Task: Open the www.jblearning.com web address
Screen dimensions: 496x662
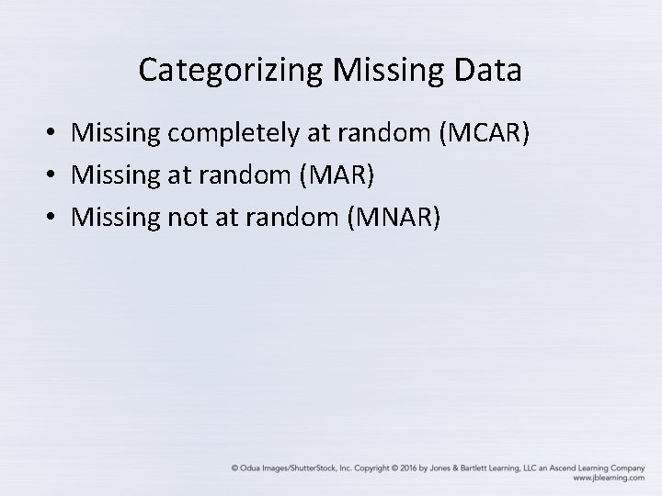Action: (607, 479)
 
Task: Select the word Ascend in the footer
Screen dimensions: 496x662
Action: (551, 468)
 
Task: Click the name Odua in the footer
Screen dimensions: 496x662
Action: (250, 468)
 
